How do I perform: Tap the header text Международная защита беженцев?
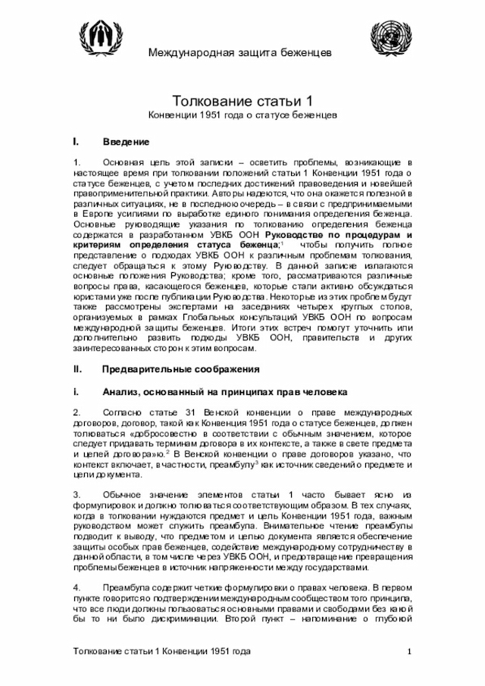pos(239,52)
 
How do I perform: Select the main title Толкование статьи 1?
pos(242,101)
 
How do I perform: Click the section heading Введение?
pos(126,142)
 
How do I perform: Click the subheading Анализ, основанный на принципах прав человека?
pos(224,392)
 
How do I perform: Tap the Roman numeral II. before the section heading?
pos(77,369)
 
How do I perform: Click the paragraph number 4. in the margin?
pos(77,587)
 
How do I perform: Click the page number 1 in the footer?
pos(409,653)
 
